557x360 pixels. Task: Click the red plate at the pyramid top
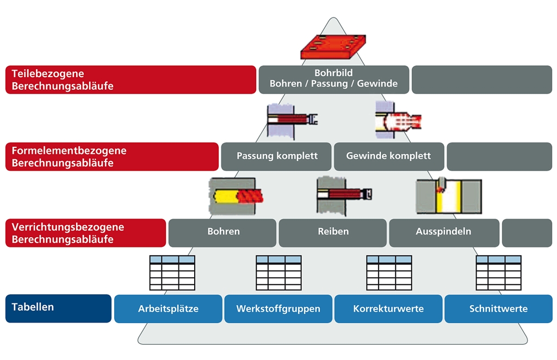[x=333, y=47]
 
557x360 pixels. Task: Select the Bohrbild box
[x=333, y=79]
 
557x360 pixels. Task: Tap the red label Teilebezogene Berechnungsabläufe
[x=131, y=79]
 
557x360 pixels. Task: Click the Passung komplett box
[x=276, y=157]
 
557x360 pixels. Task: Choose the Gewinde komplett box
[x=389, y=157]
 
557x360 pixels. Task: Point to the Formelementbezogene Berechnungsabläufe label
[x=112, y=157]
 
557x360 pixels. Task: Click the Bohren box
[x=222, y=233]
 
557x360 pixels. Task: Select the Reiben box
[x=332, y=233]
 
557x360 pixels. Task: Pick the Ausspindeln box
[x=444, y=233]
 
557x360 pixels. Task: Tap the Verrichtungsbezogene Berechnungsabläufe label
[x=85, y=233]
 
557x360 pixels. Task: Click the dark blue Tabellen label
[x=58, y=308]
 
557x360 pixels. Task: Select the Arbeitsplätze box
[x=168, y=308]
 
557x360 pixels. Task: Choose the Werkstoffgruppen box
[x=278, y=308]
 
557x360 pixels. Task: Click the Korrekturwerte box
[x=388, y=308]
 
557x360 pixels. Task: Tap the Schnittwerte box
[x=498, y=308]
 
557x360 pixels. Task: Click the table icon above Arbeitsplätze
[x=172, y=272]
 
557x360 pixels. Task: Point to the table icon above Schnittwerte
[x=499, y=272]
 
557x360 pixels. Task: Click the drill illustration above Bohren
[x=235, y=196]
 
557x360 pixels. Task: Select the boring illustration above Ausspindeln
[x=449, y=196]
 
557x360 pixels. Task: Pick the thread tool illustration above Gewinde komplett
[x=398, y=120]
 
